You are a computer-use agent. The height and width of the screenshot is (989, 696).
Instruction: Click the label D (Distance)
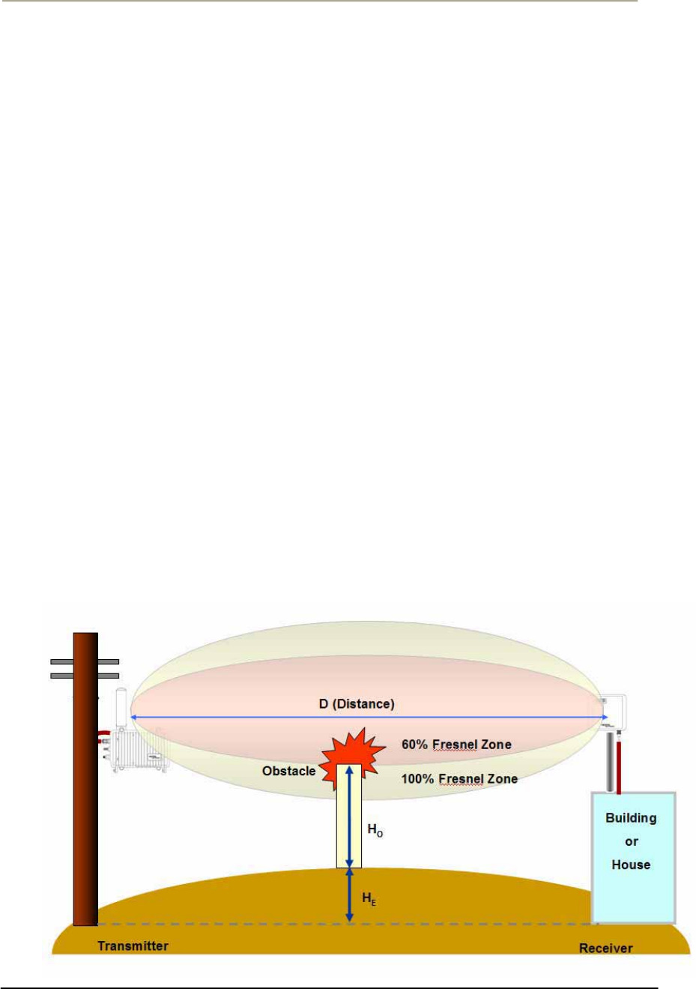tap(356, 704)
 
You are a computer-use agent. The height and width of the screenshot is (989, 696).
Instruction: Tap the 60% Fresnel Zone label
tap(456, 745)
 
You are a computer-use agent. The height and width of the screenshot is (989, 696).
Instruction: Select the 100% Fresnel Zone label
tap(459, 779)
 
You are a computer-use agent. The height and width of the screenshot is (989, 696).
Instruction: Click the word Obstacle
tap(288, 771)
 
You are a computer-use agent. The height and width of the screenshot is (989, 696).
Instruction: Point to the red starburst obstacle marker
tap(352, 754)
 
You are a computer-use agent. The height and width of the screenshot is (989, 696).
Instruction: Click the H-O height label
tap(375, 830)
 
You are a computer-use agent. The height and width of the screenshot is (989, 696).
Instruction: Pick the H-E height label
tap(369, 898)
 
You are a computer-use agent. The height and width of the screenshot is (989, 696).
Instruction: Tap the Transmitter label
tap(133, 946)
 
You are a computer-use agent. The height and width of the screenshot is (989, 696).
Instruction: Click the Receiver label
tap(605, 949)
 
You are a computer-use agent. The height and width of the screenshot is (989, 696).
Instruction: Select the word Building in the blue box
tap(631, 818)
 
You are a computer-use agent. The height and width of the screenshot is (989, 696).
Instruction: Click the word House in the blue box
tap(631, 865)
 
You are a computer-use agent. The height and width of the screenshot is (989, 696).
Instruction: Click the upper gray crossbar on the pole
tap(84, 661)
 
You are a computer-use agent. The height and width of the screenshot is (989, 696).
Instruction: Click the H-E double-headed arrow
tap(349, 895)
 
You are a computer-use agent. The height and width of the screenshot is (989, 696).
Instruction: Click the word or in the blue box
tap(631, 841)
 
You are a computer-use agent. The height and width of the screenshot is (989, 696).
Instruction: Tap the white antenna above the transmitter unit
tap(121, 706)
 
